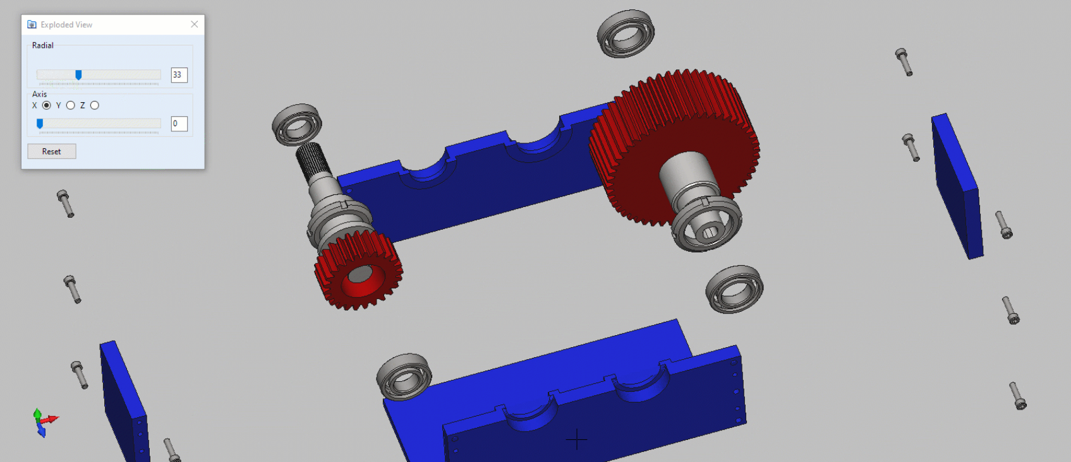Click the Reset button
pyautogui.click(x=52, y=151)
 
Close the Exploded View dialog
pyautogui.click(x=194, y=25)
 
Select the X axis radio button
pyautogui.click(x=47, y=105)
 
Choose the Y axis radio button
pyautogui.click(x=71, y=105)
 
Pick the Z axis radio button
pyautogui.click(x=95, y=105)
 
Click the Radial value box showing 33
pyautogui.click(x=179, y=75)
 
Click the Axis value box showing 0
pyautogui.click(x=179, y=124)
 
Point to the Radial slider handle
pyautogui.click(x=78, y=75)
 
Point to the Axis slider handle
pyautogui.click(x=40, y=124)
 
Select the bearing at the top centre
pyautogui.click(x=626, y=33)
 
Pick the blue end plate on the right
pyautogui.click(x=957, y=186)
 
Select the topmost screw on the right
pyautogui.click(x=904, y=62)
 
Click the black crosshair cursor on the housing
pyautogui.click(x=576, y=439)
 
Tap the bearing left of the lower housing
pyautogui.click(x=404, y=376)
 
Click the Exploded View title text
pyautogui.click(x=66, y=25)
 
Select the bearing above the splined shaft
pyautogui.click(x=297, y=124)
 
